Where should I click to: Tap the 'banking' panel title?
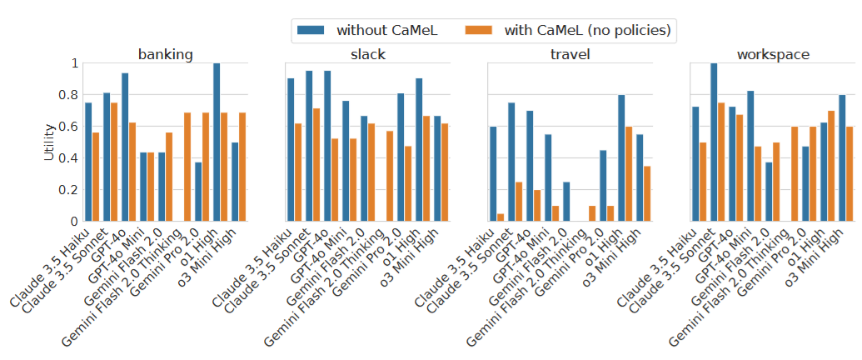[x=166, y=55]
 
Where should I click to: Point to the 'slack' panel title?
[x=366, y=55]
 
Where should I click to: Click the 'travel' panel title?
[x=568, y=55]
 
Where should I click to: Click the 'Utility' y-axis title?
[x=50, y=142]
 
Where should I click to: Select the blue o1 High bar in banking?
[x=217, y=142]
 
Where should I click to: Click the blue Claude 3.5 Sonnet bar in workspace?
[x=714, y=142]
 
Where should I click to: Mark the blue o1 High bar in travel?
[x=621, y=158]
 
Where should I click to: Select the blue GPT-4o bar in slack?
[x=327, y=146]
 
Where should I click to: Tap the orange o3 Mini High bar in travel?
[x=648, y=193]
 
